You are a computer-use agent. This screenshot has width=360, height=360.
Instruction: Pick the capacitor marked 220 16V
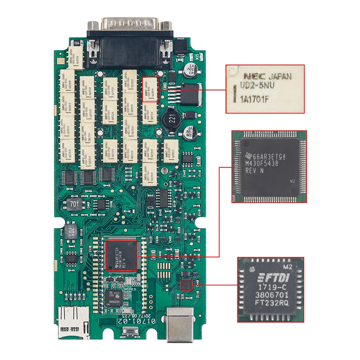point(189,132)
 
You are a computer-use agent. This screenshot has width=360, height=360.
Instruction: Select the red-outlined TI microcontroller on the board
point(121,255)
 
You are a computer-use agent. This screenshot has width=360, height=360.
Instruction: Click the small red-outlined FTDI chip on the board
point(186,284)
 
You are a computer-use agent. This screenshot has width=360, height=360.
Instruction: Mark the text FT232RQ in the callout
point(271,303)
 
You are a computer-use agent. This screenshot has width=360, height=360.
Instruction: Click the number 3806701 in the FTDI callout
point(271,295)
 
